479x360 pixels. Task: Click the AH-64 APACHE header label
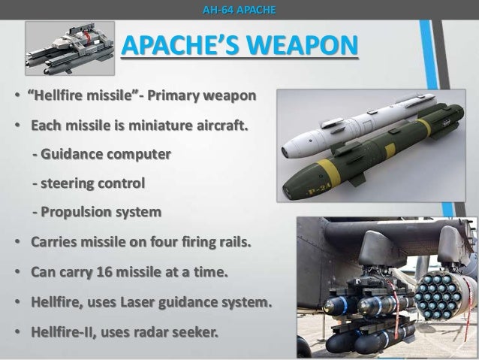[x=239, y=10]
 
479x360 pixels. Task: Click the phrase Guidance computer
[x=106, y=154]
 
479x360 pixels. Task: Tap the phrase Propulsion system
[x=101, y=212]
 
